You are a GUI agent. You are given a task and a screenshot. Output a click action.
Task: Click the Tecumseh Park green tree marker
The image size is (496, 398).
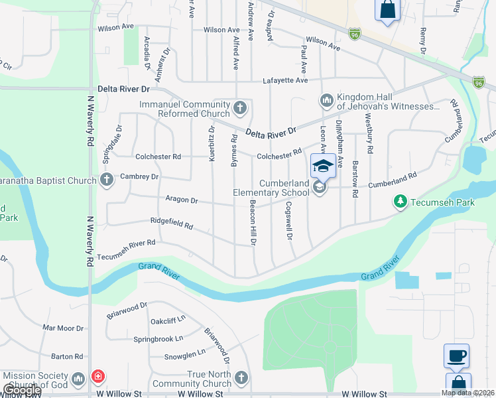click(400, 200)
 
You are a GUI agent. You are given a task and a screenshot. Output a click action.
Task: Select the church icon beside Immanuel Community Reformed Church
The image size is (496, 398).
click(241, 106)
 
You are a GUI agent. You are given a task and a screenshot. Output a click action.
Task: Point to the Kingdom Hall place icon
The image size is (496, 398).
click(326, 100)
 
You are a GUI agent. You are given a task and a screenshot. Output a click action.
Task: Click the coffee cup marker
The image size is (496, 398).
click(456, 356)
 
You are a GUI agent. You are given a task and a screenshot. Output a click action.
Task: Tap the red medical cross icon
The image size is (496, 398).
click(98, 377)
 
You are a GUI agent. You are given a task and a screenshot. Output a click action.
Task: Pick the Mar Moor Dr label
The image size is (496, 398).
click(63, 328)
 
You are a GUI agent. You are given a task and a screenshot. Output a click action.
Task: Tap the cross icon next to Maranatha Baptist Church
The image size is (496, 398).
click(107, 180)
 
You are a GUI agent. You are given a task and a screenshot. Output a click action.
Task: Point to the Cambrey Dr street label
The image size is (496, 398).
click(139, 177)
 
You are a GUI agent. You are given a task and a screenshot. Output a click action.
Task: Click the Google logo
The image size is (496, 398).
click(22, 391)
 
